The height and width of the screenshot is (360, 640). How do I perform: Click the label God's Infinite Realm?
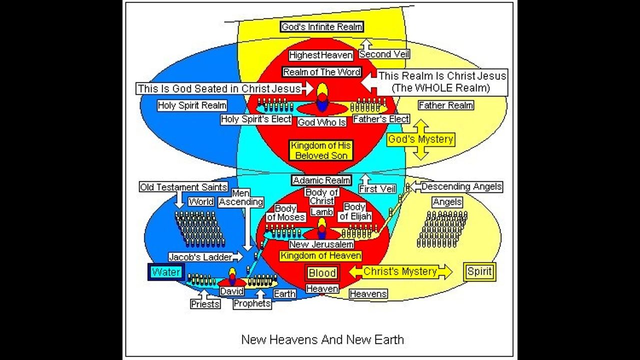coord(321,27)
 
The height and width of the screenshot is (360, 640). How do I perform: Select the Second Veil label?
coord(384,54)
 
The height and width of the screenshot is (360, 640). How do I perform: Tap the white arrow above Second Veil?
coord(365,44)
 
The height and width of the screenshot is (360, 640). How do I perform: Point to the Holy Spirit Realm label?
coord(192,105)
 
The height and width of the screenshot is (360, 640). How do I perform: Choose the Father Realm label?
coord(445,105)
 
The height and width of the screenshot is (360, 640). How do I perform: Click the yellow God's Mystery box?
coord(420,139)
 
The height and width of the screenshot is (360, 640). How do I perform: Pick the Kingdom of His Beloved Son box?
coord(321,150)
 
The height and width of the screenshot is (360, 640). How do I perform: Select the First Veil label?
coord(377,189)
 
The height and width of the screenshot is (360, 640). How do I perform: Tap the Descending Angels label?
coord(461,186)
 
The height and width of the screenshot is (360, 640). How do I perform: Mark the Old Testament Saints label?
coord(183,187)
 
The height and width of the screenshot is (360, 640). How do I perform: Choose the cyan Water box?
coord(166,272)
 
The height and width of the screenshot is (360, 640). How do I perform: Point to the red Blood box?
coord(322,273)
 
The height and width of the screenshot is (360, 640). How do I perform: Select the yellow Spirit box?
coord(479,272)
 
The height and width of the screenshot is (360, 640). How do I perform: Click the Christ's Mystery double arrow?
coord(400,272)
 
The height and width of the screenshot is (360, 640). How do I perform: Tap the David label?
coord(232,291)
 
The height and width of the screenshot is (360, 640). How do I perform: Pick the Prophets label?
coord(252,303)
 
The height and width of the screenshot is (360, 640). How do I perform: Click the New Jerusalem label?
coord(321,244)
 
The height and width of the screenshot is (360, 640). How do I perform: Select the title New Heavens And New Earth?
coord(322,339)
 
